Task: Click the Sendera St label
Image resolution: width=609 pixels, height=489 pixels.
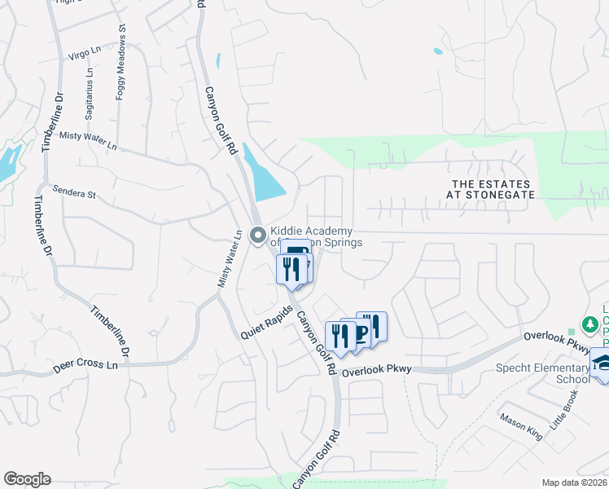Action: click(x=74, y=194)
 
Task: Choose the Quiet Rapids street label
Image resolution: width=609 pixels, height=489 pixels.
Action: click(x=266, y=324)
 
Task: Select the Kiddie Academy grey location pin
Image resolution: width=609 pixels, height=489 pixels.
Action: click(x=258, y=236)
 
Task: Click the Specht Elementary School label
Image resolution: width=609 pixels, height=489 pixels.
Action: click(x=543, y=373)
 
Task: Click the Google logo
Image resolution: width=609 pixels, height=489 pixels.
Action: click(x=27, y=478)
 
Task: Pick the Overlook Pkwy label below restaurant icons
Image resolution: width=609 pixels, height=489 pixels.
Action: click(x=377, y=371)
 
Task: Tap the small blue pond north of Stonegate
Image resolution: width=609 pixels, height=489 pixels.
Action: click(x=438, y=51)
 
